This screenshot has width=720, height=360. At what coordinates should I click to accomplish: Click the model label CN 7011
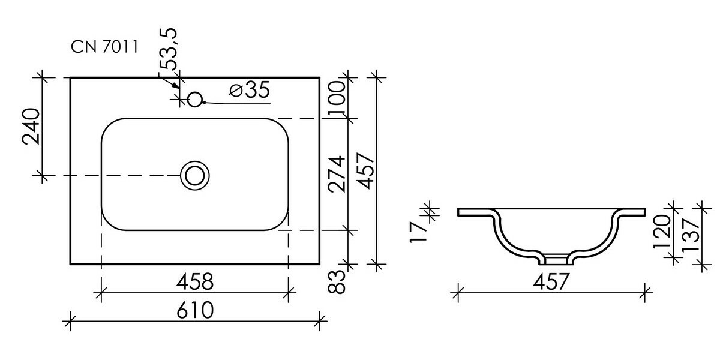[104, 47]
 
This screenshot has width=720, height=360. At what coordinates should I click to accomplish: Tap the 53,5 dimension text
[169, 49]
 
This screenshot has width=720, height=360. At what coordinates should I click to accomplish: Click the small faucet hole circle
[194, 100]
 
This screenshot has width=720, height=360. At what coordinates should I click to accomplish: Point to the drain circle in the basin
[195, 175]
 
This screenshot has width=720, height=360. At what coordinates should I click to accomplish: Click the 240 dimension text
[31, 127]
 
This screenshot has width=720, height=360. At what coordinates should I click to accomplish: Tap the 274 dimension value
[337, 175]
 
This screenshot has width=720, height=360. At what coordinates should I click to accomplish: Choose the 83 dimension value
[336, 281]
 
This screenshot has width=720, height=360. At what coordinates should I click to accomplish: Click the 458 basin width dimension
[195, 282]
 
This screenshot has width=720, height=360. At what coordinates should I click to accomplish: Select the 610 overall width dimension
[195, 310]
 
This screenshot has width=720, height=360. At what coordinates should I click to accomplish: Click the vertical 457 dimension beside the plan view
[366, 170]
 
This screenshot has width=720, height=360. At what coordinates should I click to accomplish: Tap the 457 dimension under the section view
[551, 282]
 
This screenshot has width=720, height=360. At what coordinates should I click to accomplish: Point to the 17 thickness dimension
[419, 232]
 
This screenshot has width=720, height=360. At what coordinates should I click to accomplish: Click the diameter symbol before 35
[236, 91]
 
